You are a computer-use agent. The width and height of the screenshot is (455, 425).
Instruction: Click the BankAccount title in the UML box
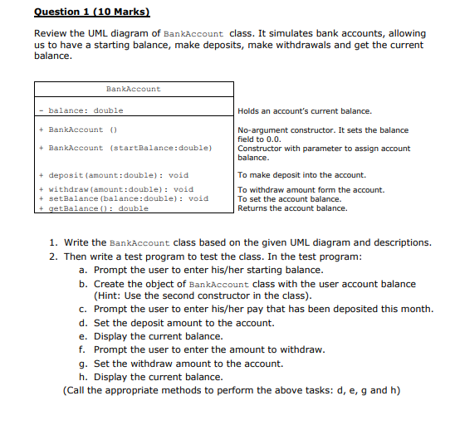tap(134, 89)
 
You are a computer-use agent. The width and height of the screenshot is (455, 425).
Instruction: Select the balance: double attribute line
tap(86, 110)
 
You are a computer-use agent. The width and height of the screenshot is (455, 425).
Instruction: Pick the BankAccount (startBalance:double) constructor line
tap(129, 148)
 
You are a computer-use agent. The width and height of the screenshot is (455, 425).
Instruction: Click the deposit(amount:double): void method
tap(118, 175)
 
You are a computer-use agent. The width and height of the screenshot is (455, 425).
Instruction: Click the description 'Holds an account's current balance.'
tap(304, 111)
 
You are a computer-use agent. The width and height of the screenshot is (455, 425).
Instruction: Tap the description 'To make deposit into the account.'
tap(301, 175)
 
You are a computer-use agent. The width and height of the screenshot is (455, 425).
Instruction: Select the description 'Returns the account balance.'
tap(292, 208)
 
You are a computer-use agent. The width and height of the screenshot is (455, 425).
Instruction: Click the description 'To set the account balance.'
tap(289, 199)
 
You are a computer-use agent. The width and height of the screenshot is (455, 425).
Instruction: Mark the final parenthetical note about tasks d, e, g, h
tap(232, 390)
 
